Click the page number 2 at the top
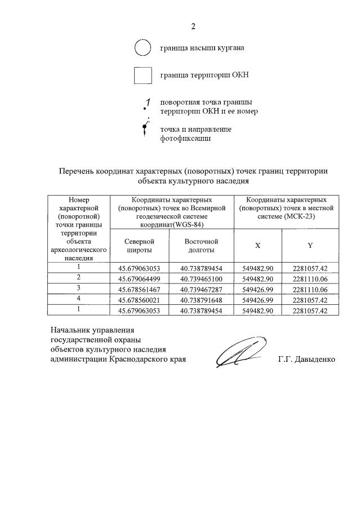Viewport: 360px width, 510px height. [193, 26]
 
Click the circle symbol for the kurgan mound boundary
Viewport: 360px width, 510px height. [143, 48]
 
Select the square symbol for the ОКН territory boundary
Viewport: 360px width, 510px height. [143, 75]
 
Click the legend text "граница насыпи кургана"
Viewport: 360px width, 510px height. [202, 48]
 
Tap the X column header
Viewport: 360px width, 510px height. [257, 246]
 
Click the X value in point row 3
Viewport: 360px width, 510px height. [257, 289]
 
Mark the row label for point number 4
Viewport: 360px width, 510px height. [79, 299]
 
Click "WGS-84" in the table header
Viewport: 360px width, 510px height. [190, 224]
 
